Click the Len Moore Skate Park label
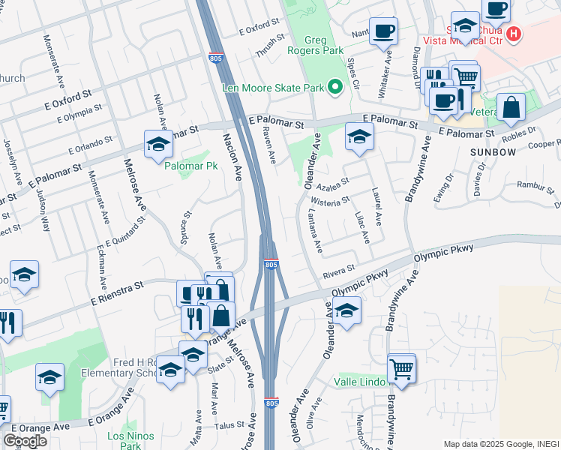(x=272, y=88)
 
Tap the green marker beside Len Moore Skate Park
(x=335, y=88)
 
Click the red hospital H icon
(x=514, y=34)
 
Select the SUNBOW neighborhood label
(x=493, y=151)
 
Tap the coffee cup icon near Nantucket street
(x=383, y=31)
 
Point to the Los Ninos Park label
(x=130, y=440)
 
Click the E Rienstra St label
(x=116, y=292)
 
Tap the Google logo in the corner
(x=25, y=441)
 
